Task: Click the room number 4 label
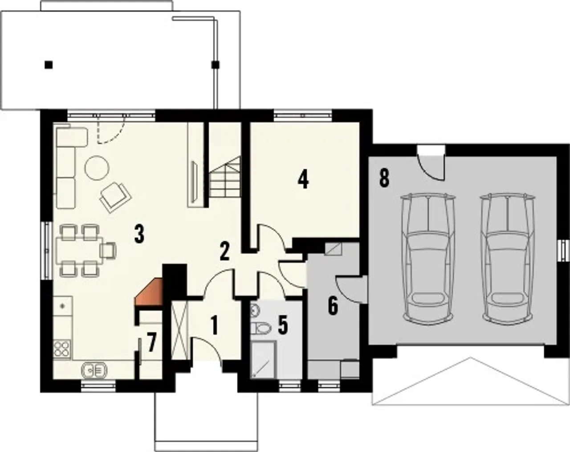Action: click(303, 180)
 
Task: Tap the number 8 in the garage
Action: click(384, 178)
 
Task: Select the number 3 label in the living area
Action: click(139, 234)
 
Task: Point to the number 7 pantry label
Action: click(152, 344)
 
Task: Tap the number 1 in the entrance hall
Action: click(215, 325)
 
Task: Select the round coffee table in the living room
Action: click(97, 168)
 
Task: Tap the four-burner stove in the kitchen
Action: click(62, 349)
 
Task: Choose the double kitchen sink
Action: click(94, 370)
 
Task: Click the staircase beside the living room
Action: click(225, 176)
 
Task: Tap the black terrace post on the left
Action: click(49, 65)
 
